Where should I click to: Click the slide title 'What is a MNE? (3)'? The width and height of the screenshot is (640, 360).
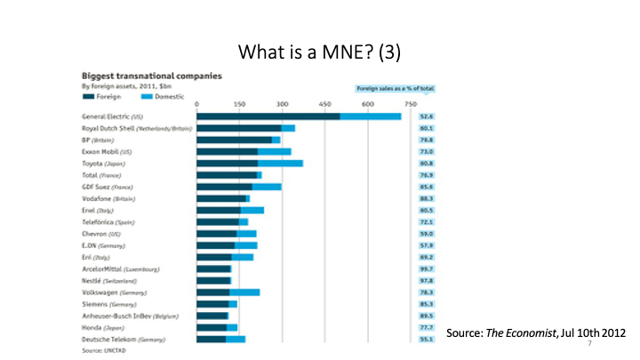321,51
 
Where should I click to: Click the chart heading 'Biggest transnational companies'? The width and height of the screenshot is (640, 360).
152,77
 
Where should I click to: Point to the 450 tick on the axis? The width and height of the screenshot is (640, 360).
367,105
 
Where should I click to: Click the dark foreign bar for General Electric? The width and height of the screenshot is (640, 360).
268,116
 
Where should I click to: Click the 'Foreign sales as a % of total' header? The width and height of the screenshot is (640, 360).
399,90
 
